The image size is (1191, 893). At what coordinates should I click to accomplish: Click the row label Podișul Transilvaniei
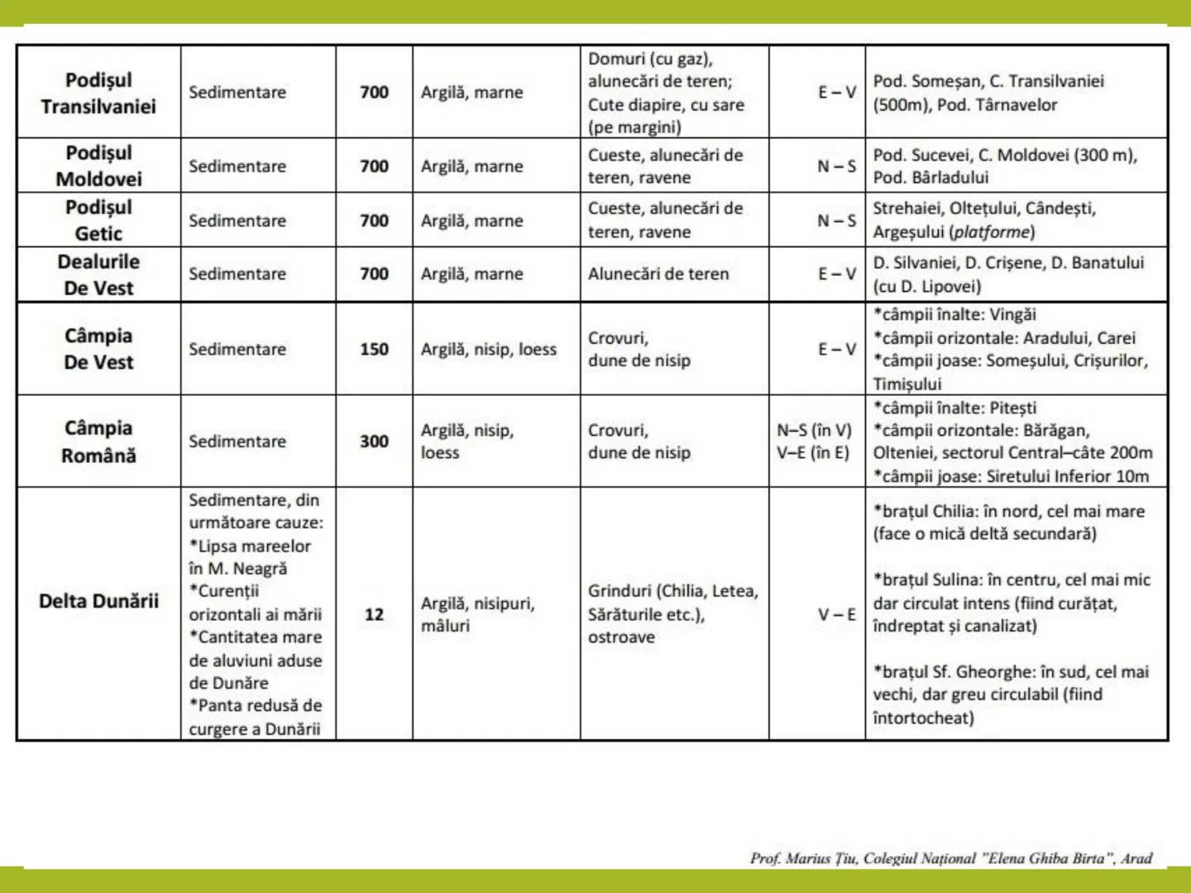98,93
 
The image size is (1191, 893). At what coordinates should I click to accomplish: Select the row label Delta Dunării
98,601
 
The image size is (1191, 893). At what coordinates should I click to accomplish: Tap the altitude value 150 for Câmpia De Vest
374,349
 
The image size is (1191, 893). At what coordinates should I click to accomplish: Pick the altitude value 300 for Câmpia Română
374,442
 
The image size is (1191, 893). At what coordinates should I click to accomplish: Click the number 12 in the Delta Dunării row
374,614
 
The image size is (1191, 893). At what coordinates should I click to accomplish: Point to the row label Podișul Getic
98,221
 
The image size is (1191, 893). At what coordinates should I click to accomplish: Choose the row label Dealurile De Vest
98,275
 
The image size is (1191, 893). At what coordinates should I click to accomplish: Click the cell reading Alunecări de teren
658,274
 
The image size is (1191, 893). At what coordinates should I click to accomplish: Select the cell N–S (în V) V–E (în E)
814,442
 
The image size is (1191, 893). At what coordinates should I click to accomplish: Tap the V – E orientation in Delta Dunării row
836,614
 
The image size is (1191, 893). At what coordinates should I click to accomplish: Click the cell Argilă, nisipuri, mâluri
477,614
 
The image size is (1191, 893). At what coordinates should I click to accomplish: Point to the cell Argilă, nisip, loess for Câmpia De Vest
488,349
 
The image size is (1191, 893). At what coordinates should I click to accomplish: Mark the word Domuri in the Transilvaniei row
616,59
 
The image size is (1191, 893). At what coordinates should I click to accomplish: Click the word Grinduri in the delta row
619,591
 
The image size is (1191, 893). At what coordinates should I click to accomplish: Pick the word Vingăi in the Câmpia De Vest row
1012,315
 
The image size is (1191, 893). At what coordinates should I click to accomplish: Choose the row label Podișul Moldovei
98,166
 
